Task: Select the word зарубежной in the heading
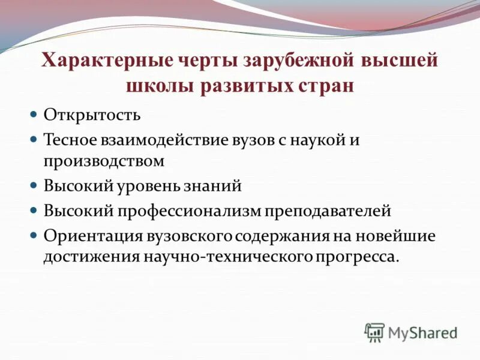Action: click(301, 61)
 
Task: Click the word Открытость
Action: click(92, 114)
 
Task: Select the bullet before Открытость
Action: click(34, 113)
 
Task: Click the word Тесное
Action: click(68, 139)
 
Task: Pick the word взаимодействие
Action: click(159, 139)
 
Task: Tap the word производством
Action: click(103, 161)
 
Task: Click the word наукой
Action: click(326, 139)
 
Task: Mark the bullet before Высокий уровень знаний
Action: click(34, 185)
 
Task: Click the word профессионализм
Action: click(200, 211)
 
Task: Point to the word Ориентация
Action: click(92, 235)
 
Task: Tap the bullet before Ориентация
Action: click(34, 235)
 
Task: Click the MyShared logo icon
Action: click(375, 332)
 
